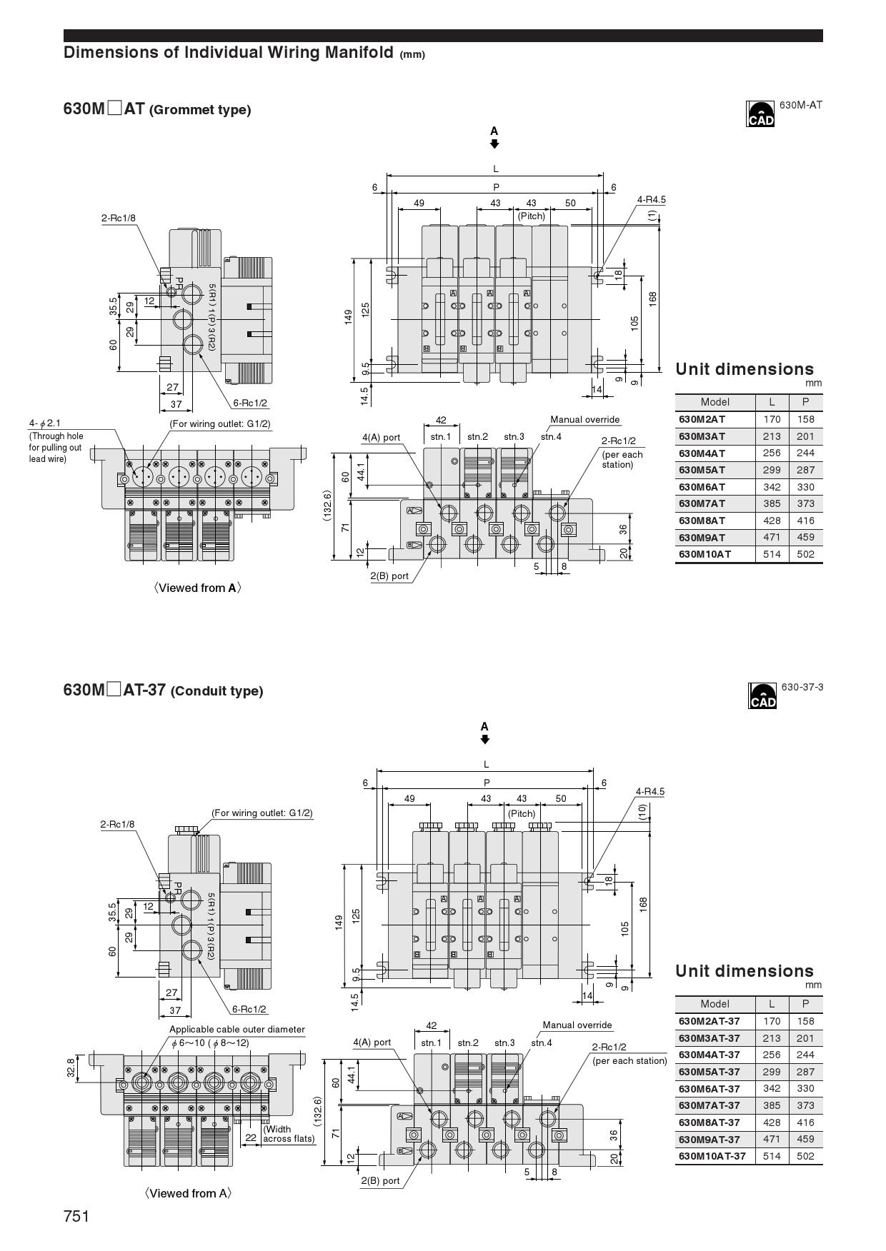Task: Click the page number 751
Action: pos(76,1216)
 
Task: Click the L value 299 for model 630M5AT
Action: pos(772,470)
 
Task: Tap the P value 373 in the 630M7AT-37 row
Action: pos(805,1105)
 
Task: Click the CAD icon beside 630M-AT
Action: pos(760,114)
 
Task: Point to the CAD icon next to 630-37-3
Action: pos(762,695)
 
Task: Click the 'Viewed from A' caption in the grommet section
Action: pos(197,588)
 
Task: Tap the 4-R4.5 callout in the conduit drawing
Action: pos(650,791)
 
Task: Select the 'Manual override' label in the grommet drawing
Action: pos(585,420)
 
